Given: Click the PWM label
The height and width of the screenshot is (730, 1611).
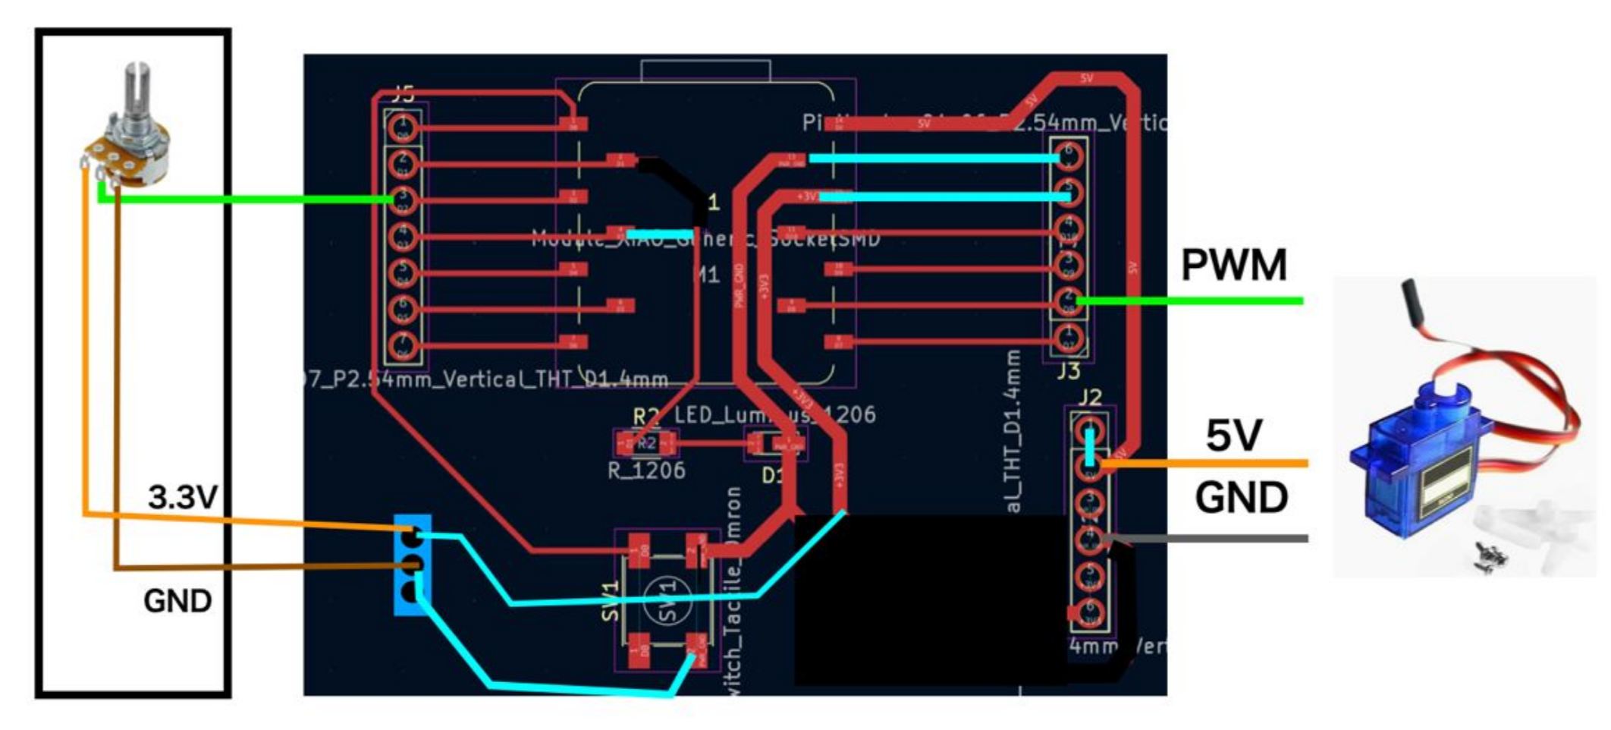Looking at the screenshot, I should [x=1233, y=265].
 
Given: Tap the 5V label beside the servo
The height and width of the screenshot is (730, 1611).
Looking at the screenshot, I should [x=1233, y=436].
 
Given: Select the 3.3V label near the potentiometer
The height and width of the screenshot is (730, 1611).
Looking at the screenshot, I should [x=183, y=498].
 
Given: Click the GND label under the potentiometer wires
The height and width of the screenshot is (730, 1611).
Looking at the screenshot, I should [x=177, y=601].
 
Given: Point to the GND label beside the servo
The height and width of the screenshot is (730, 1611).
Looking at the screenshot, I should [x=1241, y=499].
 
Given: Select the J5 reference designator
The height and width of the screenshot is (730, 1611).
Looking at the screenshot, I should [x=403, y=95].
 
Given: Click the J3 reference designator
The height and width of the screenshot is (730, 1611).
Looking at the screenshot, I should [x=1068, y=371].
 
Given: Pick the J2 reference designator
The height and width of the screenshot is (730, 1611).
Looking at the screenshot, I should [x=1089, y=397].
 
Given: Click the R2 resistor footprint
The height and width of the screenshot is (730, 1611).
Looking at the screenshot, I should [x=646, y=442].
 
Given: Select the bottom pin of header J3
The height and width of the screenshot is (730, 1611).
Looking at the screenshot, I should [x=1069, y=338].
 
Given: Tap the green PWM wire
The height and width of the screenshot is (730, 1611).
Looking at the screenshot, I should [x=1191, y=301].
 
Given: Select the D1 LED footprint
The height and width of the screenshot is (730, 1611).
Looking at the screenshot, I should [x=775, y=444].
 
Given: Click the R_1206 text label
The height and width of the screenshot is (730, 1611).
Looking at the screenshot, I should [x=646, y=470].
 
